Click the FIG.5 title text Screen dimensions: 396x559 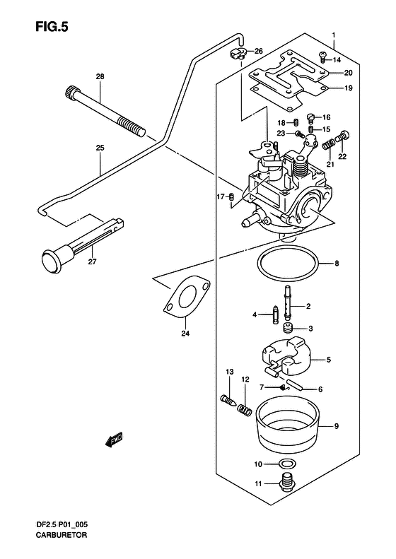tap(52, 27)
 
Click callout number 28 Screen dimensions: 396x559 tap(100, 76)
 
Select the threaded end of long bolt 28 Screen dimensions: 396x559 tap(132, 126)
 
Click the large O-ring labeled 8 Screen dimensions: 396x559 tap(287, 264)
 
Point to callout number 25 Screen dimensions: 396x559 tap(100, 148)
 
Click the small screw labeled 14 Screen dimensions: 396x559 tap(322, 57)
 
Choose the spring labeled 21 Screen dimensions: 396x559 tap(328, 145)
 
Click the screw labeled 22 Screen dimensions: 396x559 tap(343, 136)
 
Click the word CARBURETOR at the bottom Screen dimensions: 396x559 tap(61, 535)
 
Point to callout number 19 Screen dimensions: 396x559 tap(348, 88)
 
